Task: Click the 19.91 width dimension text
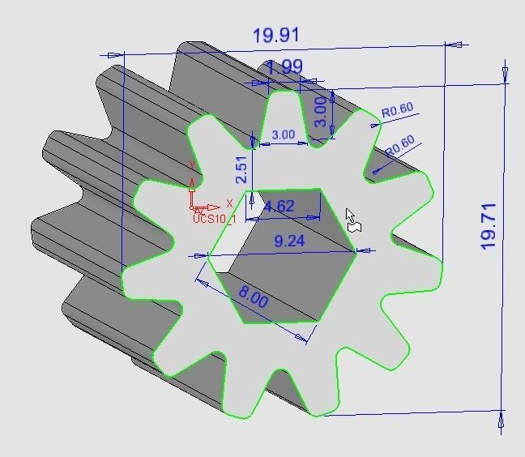point(276,36)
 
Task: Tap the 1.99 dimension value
point(284,67)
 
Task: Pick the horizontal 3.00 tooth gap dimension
point(283,135)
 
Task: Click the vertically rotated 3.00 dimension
point(321,112)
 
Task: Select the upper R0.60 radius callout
point(398,109)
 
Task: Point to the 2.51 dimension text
point(241,171)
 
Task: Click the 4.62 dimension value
point(280,206)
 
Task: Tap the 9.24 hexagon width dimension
point(289,241)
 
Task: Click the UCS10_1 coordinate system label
point(214,219)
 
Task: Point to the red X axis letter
point(229,204)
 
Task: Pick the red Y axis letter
point(191,166)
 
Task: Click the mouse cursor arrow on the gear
point(350,216)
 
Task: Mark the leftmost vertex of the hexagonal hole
point(207,254)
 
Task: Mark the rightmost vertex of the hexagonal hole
point(356,252)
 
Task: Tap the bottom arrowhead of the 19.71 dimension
point(501,421)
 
